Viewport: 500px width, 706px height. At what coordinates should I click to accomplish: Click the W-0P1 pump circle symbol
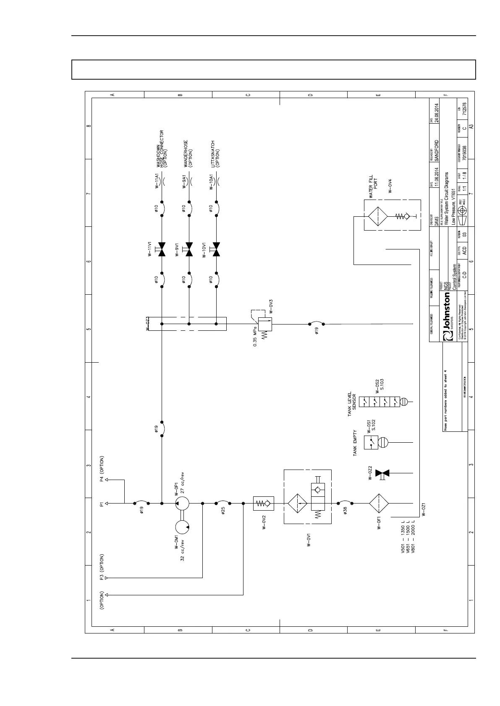(182, 503)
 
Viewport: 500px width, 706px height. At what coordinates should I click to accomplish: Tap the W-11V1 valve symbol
(162, 249)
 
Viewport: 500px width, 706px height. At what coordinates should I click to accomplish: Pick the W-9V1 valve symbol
(189, 249)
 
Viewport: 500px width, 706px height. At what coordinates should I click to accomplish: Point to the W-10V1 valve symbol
(216, 249)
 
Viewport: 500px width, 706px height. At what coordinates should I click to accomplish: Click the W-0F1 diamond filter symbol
(379, 503)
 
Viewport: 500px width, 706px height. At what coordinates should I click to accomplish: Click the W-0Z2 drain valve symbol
(382, 473)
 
